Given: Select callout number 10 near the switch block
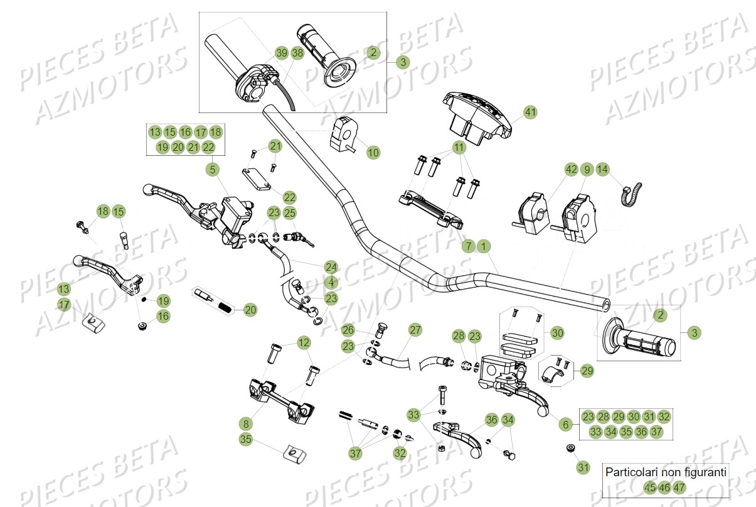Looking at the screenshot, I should (373, 152).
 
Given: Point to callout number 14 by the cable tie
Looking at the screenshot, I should (602, 169).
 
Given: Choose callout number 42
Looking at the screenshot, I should (571, 169).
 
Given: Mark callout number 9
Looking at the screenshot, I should (587, 169).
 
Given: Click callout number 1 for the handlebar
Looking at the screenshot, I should (483, 246).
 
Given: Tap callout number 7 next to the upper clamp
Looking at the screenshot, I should (468, 246).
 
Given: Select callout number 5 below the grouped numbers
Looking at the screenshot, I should (213, 169).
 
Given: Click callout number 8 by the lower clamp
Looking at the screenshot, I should (246, 423).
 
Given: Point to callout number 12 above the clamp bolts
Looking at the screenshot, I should (304, 342).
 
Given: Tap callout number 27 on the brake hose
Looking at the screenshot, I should (415, 330).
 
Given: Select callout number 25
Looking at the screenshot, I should (289, 213).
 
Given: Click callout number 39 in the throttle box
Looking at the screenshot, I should (282, 53).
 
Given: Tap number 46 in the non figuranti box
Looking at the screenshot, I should (664, 487).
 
